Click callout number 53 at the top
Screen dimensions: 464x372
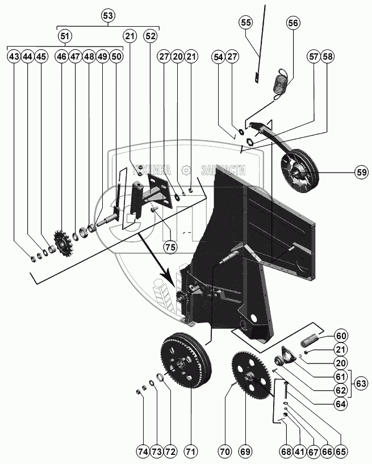point(107,15)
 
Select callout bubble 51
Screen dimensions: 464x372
point(66,36)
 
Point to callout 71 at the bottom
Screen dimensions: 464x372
point(190,452)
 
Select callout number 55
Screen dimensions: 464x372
point(246,23)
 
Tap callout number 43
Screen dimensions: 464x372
point(14,57)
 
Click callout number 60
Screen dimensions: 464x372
point(341,335)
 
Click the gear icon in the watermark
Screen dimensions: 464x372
point(185,170)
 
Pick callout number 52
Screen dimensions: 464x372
point(151,36)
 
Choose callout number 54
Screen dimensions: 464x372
point(219,57)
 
